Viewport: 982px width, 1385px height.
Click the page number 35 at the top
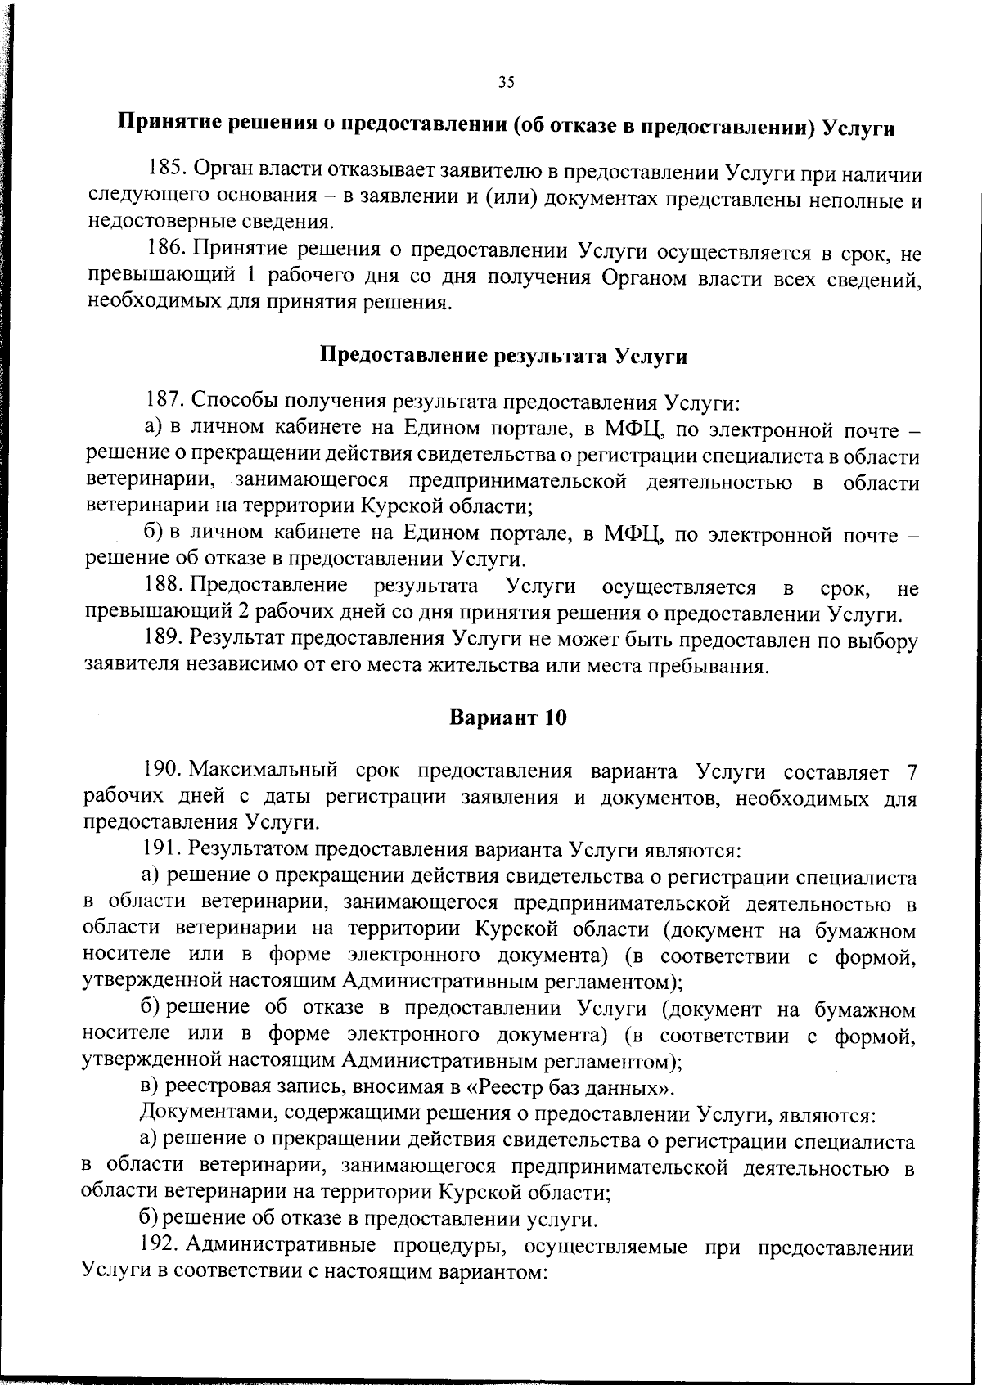click(506, 81)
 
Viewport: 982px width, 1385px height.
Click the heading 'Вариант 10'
click(507, 717)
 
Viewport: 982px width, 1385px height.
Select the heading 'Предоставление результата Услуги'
click(502, 356)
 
